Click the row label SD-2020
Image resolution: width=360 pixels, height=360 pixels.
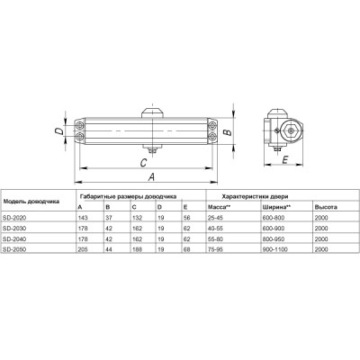16,219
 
